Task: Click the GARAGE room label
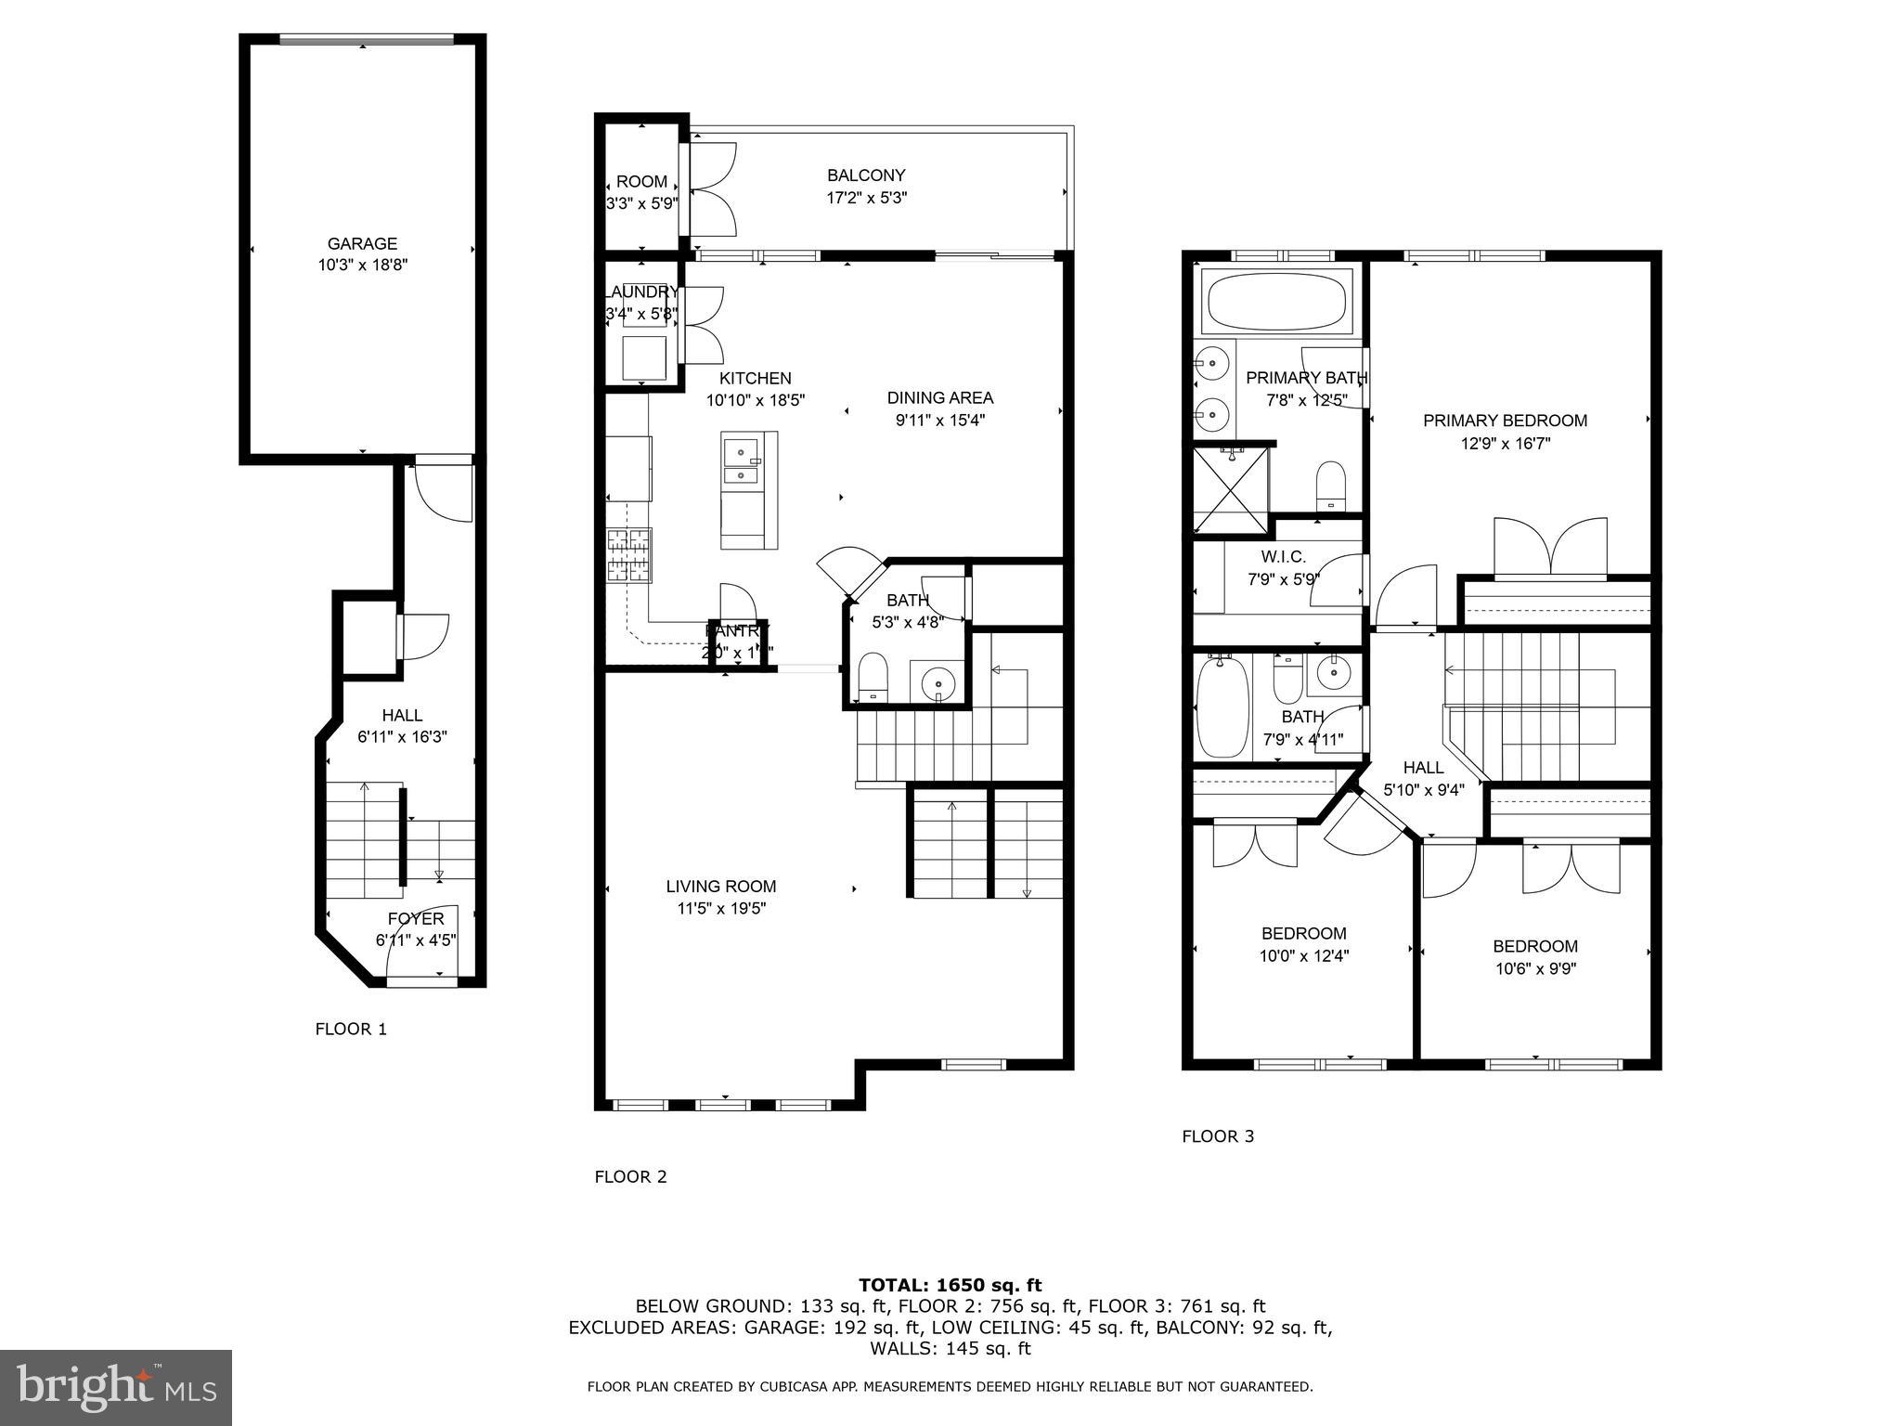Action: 362,244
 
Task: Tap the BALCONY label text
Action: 866,175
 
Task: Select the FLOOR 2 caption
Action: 630,1176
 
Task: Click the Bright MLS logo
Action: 115,1387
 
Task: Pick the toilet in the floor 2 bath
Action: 873,677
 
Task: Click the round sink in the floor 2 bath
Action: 938,685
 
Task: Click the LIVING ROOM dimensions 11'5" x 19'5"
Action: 721,909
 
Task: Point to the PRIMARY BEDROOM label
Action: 1505,421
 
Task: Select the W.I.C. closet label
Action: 1283,557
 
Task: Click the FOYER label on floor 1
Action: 415,918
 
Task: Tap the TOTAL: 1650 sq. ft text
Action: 950,1285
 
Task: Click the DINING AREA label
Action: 939,397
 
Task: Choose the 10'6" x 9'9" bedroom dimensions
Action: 1534,969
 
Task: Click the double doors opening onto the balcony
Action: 710,189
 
